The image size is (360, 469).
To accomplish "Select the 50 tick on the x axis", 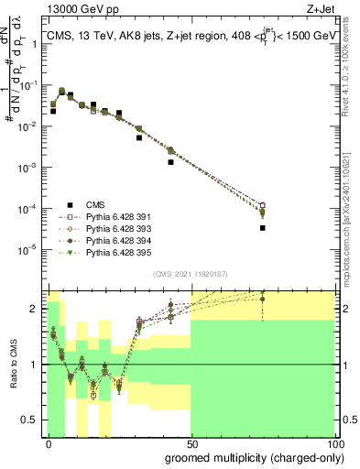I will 191,443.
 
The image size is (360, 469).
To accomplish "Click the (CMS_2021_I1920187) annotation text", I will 191,274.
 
